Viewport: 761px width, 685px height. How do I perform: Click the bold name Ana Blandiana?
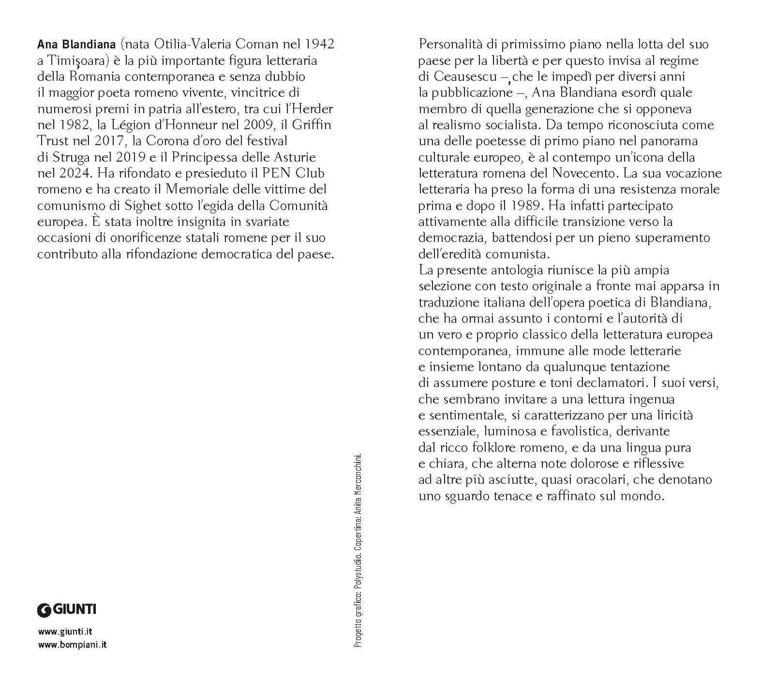71,44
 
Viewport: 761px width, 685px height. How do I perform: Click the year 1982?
71,125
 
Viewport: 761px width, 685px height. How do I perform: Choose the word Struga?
69,157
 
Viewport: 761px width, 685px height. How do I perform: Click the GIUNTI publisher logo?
67,610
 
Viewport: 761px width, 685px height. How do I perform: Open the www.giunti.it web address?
65,632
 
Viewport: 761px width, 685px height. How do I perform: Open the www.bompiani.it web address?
72,644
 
